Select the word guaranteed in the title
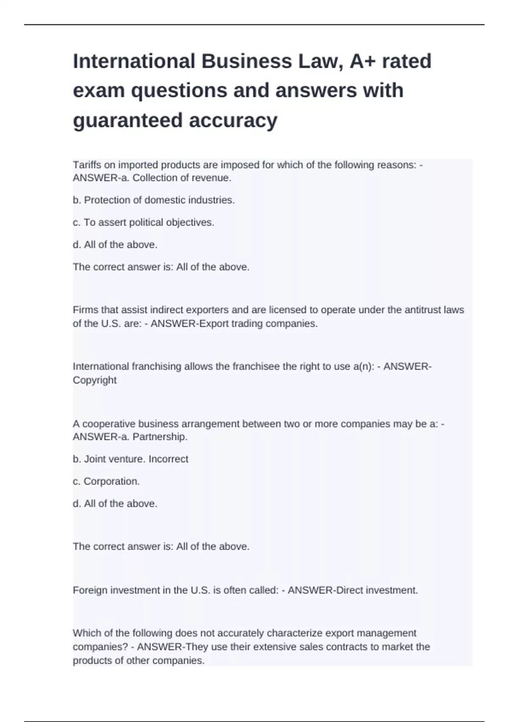[x=128, y=120]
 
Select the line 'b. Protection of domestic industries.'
[x=154, y=200]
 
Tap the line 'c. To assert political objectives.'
[x=143, y=223]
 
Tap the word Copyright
[x=95, y=380]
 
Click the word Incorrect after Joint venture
[x=168, y=459]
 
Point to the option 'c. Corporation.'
[x=106, y=482]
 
